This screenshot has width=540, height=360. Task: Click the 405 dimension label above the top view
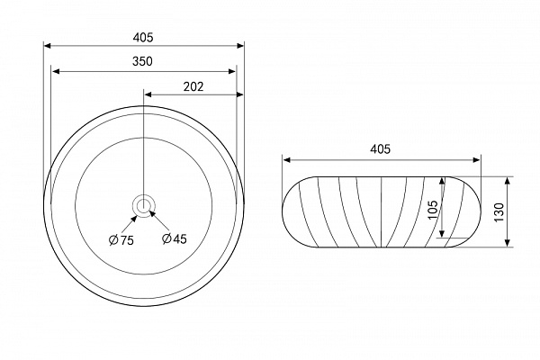143,37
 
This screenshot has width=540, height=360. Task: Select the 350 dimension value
142,61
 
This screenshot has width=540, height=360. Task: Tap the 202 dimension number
193,86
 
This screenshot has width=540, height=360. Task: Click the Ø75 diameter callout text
121,240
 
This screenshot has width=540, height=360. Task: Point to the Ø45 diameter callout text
175,238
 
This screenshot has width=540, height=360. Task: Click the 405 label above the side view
380,149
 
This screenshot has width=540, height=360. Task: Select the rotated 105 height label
433,210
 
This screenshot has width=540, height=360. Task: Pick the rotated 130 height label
499,212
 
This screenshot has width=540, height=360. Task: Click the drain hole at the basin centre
143,206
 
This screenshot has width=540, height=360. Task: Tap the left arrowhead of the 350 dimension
56,71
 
